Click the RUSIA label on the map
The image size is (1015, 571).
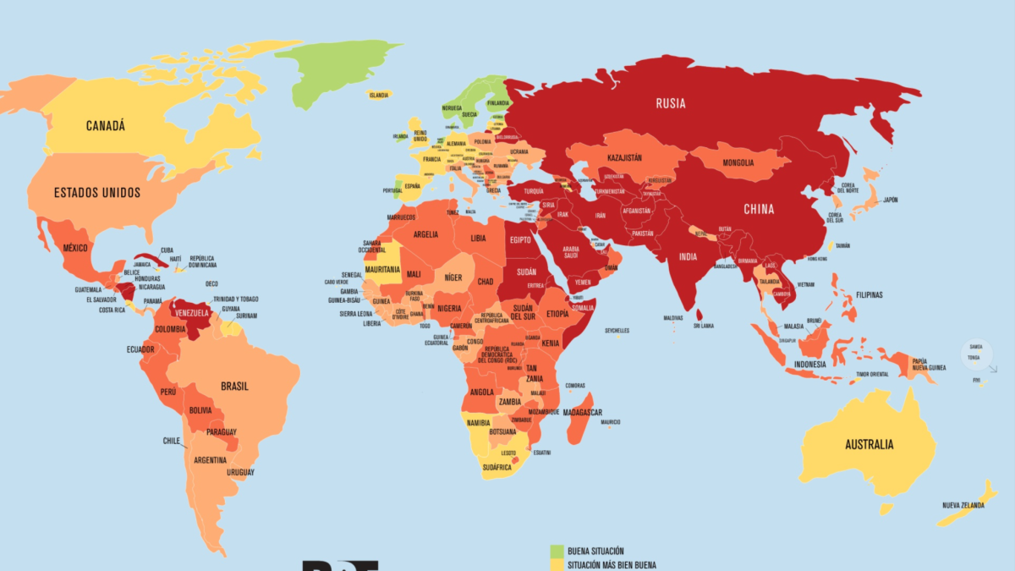coord(670,104)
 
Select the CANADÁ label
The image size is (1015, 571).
coord(105,126)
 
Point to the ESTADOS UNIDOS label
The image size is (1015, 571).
coord(97,193)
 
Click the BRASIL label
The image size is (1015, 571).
coord(234,386)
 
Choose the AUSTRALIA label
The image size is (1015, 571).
coord(869,445)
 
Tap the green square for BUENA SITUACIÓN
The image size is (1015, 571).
coord(557,551)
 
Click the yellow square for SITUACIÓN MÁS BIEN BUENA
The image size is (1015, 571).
coord(557,564)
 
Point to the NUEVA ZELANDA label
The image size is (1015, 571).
coord(963,505)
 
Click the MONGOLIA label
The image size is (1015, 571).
coord(738,163)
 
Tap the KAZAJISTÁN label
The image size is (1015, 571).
coord(623,157)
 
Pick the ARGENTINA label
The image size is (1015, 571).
coord(210,460)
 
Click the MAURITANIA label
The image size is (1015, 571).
coord(381,269)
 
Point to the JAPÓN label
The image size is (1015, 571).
coord(890,200)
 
